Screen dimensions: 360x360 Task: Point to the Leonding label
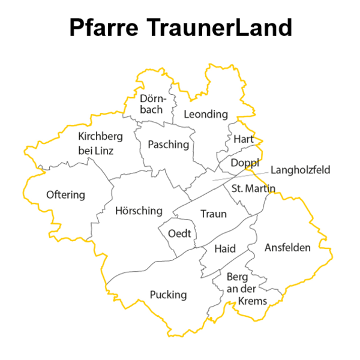(206, 114)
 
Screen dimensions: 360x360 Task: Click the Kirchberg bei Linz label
(96, 143)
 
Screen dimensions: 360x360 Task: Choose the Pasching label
(168, 145)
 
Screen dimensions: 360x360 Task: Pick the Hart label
(244, 139)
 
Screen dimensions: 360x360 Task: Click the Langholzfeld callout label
(300, 170)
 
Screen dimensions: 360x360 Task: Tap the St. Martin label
(253, 189)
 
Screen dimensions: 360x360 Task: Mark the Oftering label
(65, 195)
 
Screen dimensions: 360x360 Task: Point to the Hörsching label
(139, 211)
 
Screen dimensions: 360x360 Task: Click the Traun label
(213, 214)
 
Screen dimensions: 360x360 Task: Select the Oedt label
(179, 233)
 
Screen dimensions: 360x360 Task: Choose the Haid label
(224, 248)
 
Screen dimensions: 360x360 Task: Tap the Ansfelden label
(287, 247)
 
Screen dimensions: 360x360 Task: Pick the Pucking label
(168, 295)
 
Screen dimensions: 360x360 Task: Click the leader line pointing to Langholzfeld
(240, 176)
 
